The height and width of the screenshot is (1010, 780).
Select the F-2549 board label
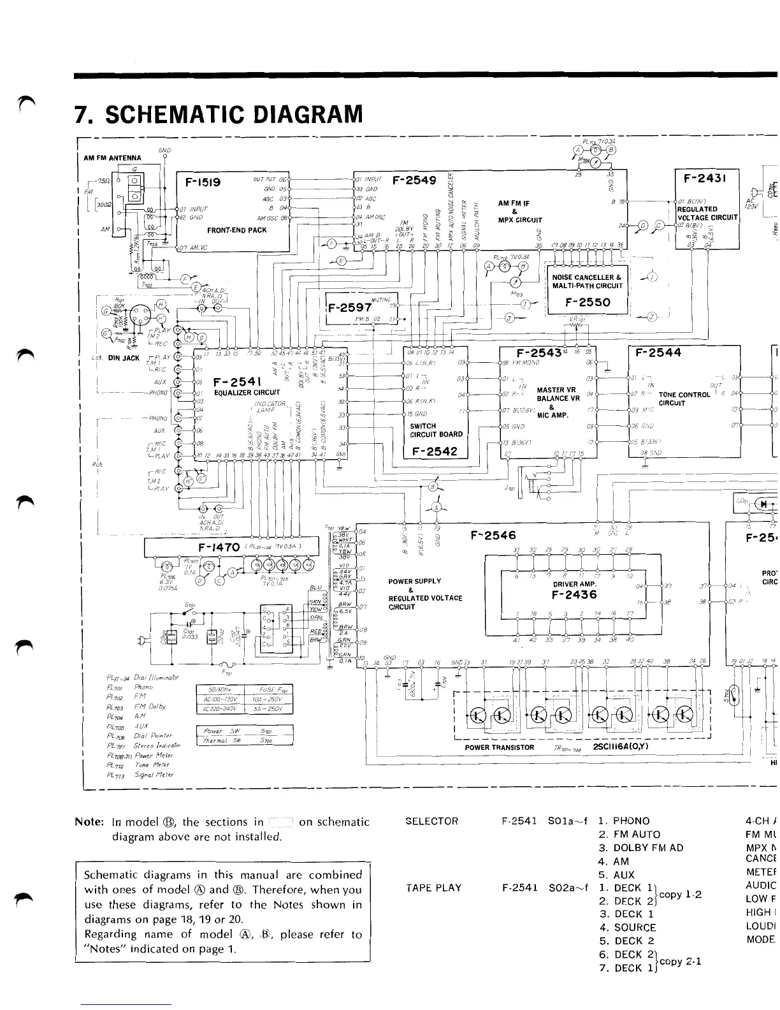[414, 180]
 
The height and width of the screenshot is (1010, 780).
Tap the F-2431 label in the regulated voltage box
[706, 177]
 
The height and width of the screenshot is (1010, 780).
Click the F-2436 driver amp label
[574, 594]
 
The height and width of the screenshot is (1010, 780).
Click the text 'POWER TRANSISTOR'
[500, 747]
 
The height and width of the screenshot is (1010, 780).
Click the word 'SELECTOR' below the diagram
[432, 821]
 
